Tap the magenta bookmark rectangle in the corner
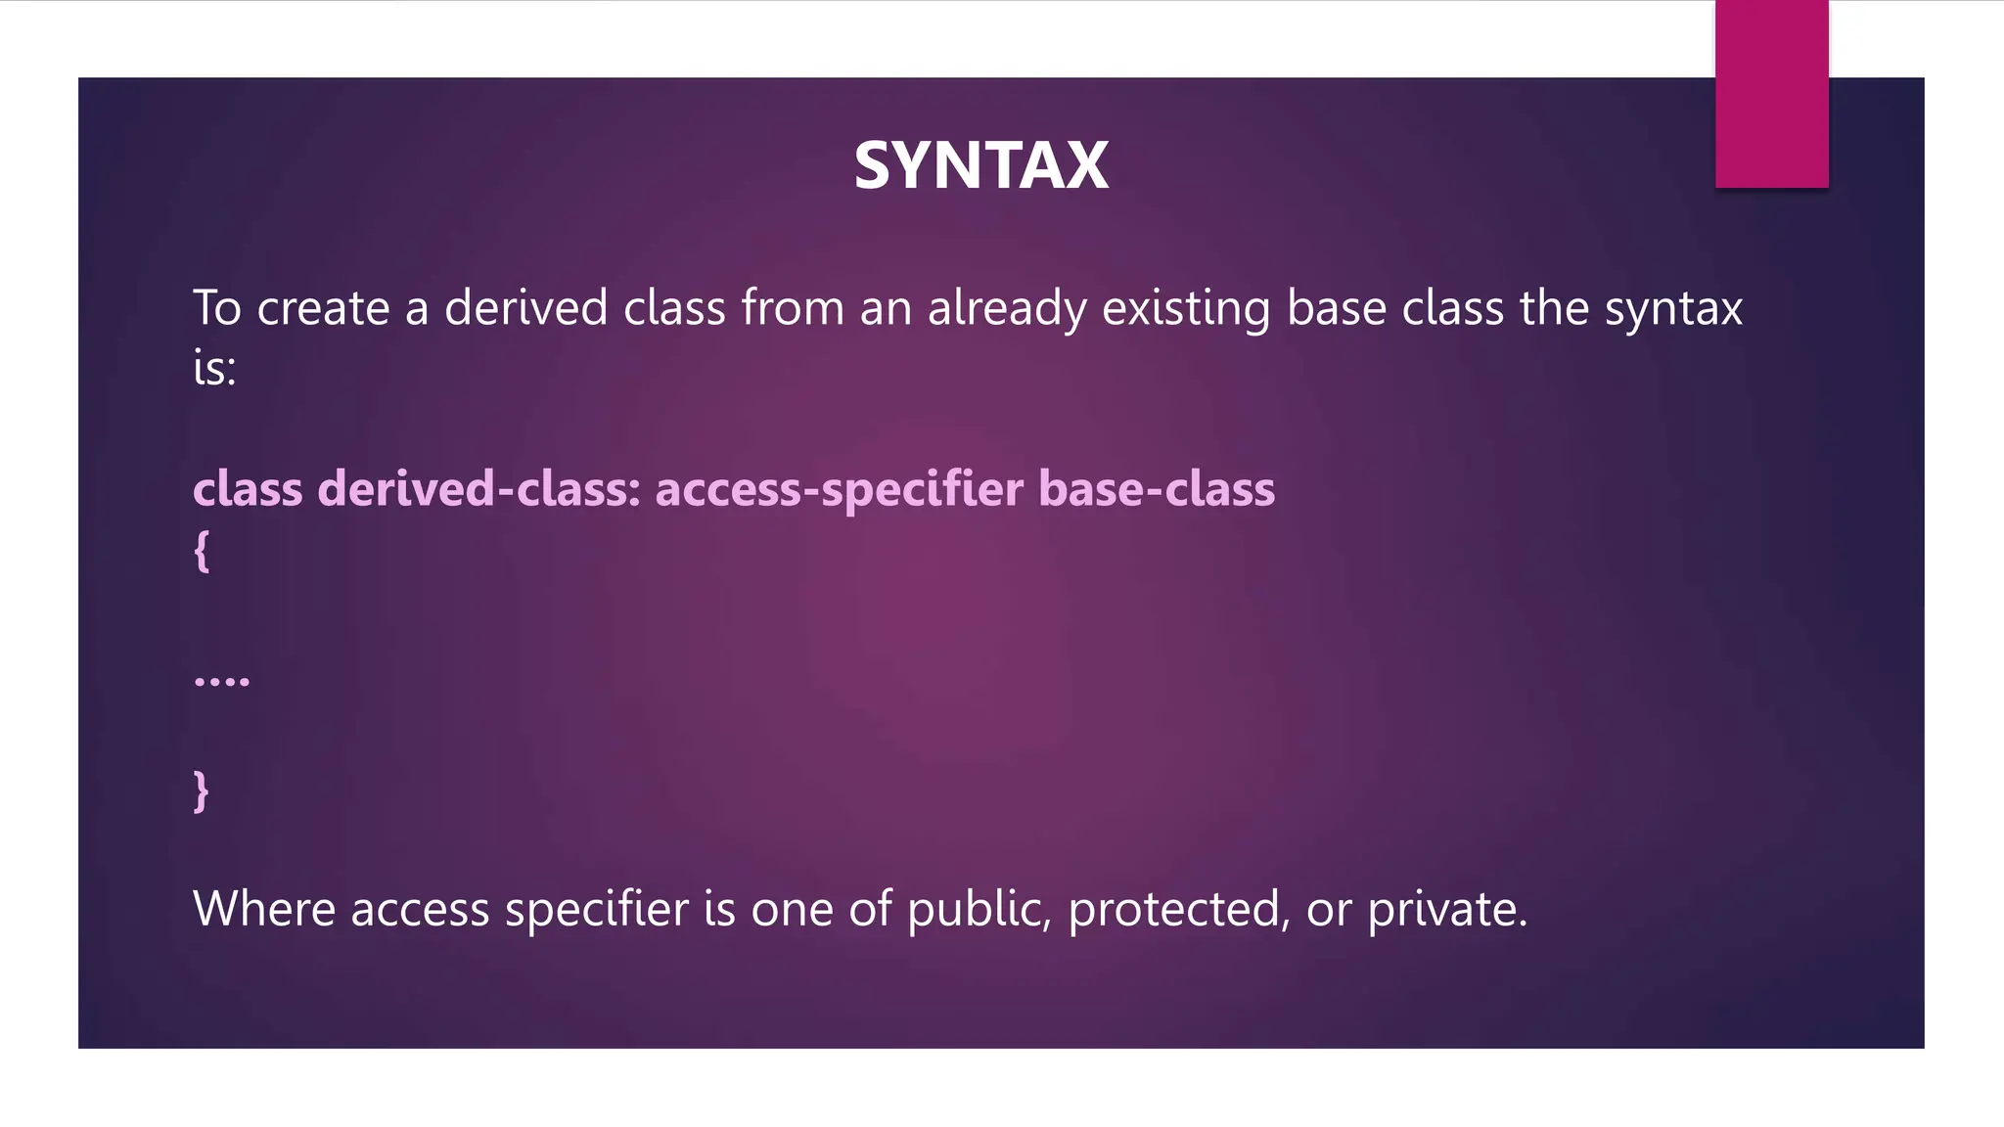coord(1771,94)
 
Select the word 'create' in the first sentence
coord(323,308)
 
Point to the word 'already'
coord(1007,309)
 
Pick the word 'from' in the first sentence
coord(793,308)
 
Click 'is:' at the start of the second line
coord(214,370)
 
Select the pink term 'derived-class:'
coord(479,488)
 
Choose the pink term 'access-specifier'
coord(840,490)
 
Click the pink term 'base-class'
coord(1157,488)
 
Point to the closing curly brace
coord(202,790)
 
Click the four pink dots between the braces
coord(222,679)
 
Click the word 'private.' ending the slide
coord(1446,911)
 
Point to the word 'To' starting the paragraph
coord(216,308)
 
